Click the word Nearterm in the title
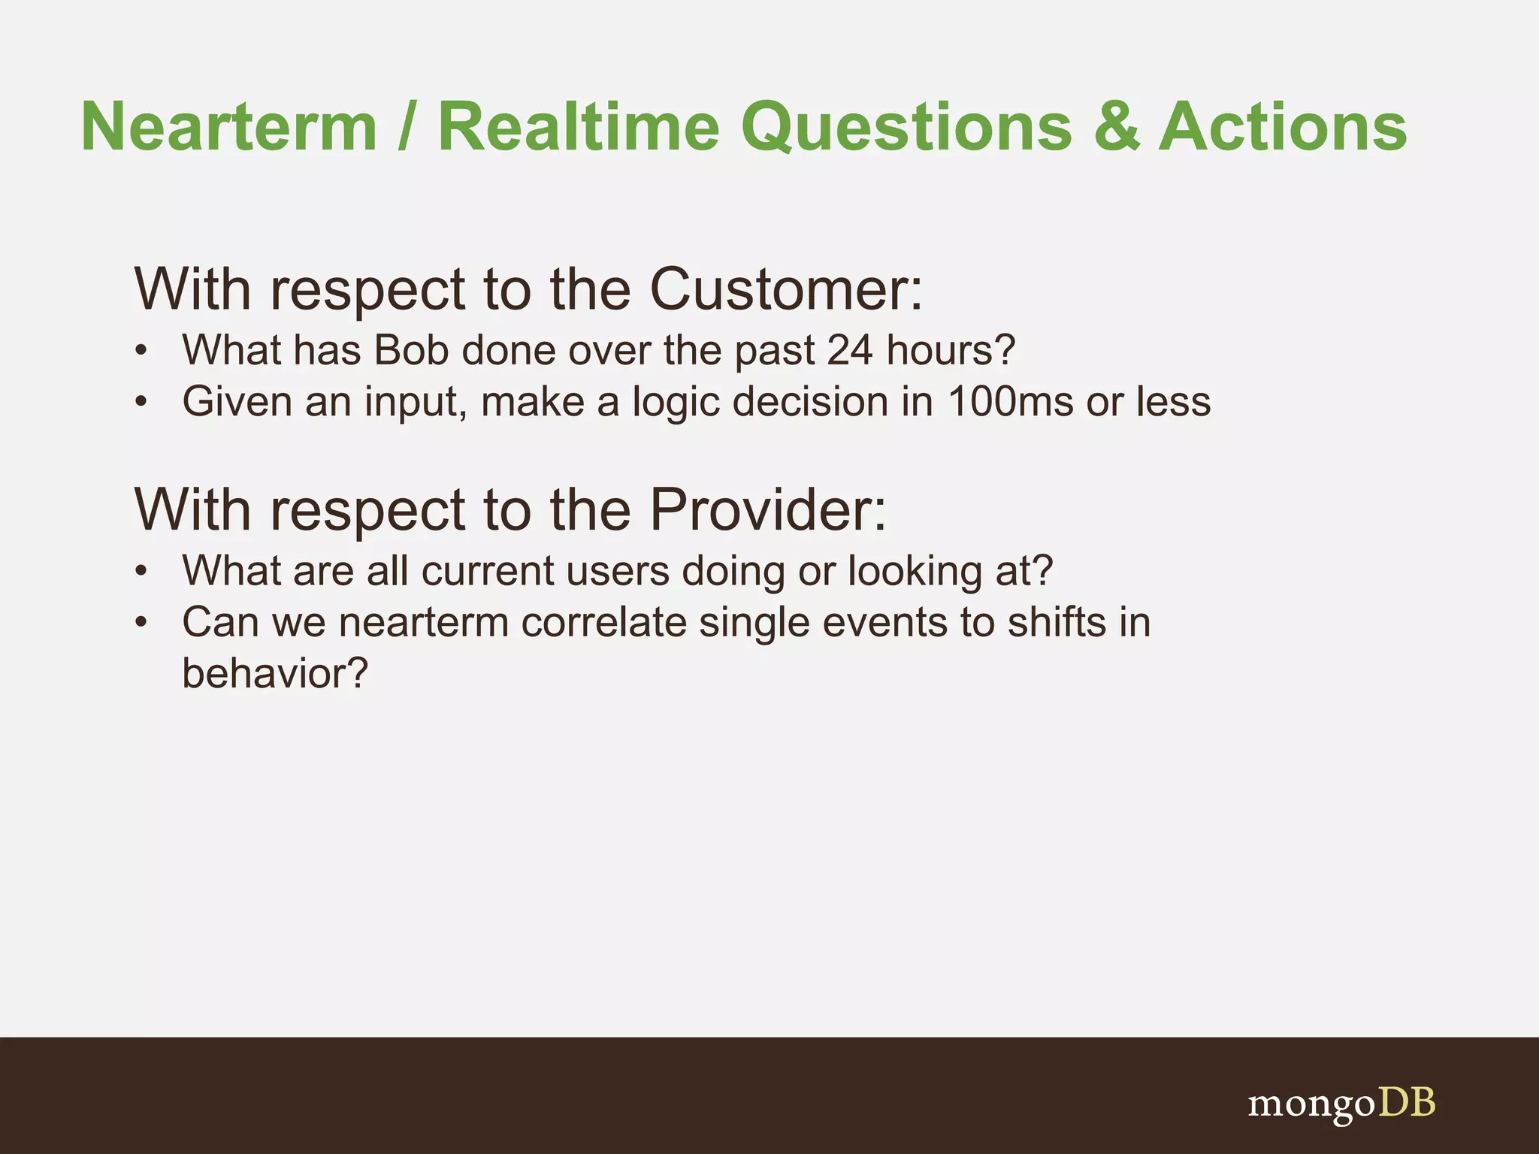point(228,127)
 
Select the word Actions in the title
point(1282,127)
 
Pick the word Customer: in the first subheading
point(785,289)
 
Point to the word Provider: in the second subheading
point(767,510)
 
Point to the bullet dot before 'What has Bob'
point(141,352)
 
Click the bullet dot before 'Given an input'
point(141,403)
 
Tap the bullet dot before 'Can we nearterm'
point(141,624)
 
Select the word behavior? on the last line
point(275,673)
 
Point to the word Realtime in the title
point(579,127)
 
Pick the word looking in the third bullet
point(915,571)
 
